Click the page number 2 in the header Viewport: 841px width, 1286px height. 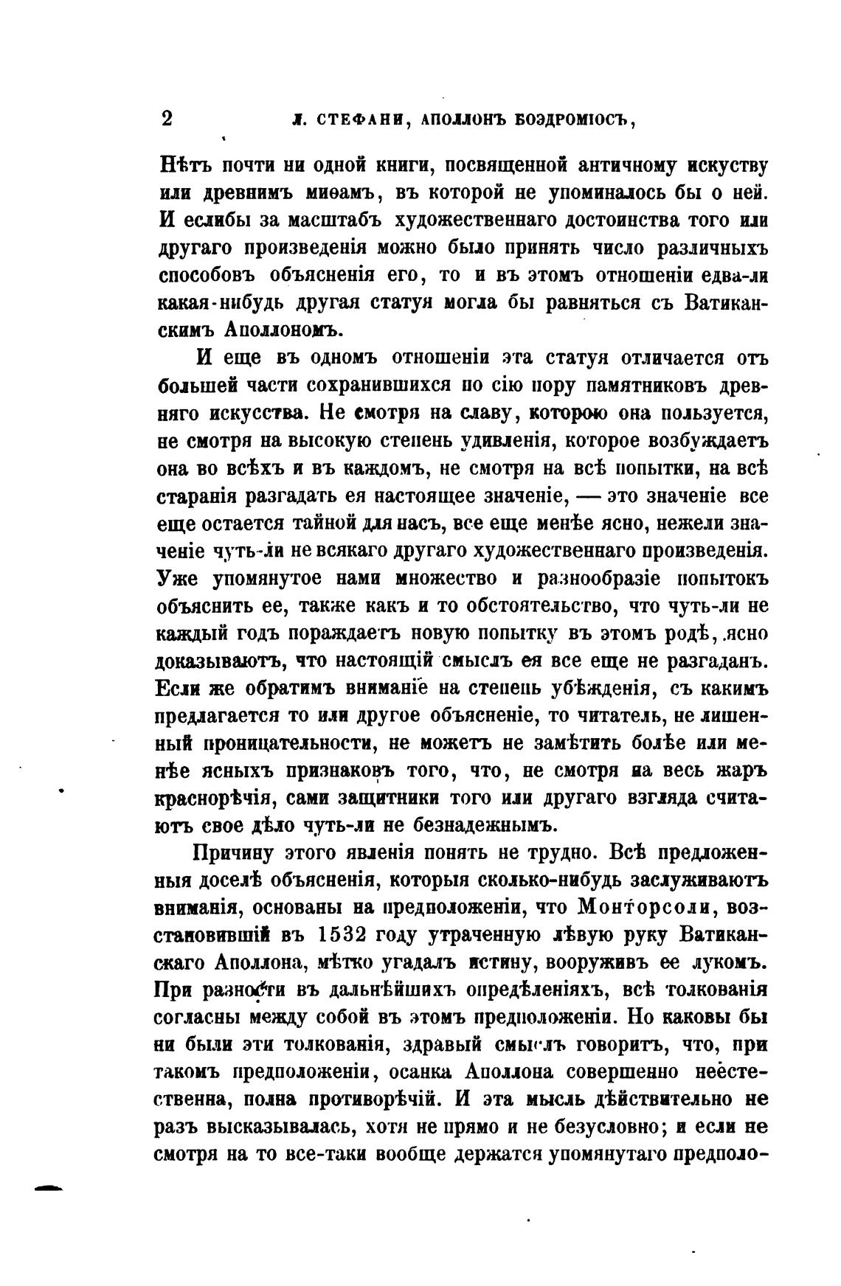pos(166,119)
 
